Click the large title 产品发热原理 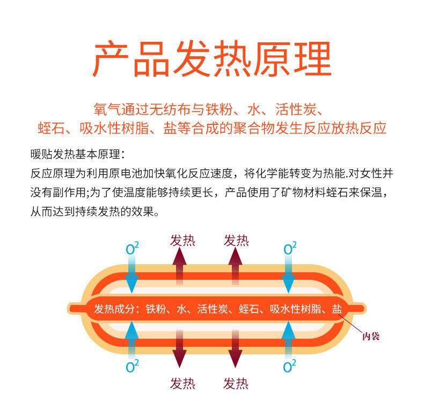point(212,58)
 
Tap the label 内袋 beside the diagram point(371,337)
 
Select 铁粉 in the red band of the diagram point(157,309)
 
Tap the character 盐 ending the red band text point(337,309)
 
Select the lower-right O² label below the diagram point(290,367)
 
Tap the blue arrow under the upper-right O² point(289,273)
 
